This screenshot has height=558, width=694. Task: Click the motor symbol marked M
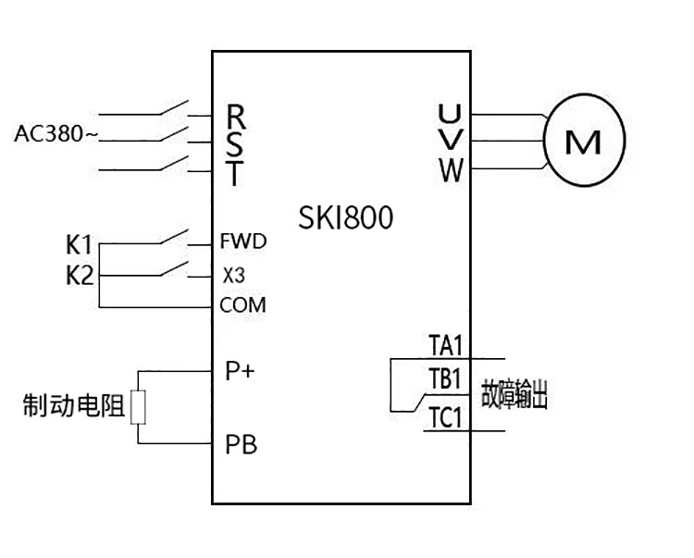pos(583,142)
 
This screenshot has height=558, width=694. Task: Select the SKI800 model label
pos(346,217)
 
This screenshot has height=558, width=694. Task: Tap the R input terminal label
pos(237,117)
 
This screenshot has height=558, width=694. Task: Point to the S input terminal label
pos(236,144)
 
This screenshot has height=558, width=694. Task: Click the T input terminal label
pos(236,172)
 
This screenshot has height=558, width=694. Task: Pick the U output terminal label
pos(450,115)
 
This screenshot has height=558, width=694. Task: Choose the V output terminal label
pos(450,143)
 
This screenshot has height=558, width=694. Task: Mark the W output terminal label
pos(451,171)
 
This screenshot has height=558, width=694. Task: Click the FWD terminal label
pos(243,242)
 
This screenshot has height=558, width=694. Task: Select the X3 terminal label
pos(233,275)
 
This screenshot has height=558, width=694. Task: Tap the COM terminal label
pos(243,305)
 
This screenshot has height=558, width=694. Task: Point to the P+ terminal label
pos(241,371)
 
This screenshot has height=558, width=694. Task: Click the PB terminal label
pos(241,444)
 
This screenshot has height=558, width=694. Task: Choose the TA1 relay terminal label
pos(445,346)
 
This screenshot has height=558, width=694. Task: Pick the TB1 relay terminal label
pos(445,379)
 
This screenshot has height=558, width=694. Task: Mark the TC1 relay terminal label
pos(445,417)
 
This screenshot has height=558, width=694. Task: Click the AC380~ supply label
pos(56,135)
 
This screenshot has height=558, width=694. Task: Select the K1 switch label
pos(80,246)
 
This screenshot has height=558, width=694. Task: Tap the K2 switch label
pos(80,275)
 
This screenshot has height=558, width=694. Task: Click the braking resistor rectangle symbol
pos(138,407)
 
